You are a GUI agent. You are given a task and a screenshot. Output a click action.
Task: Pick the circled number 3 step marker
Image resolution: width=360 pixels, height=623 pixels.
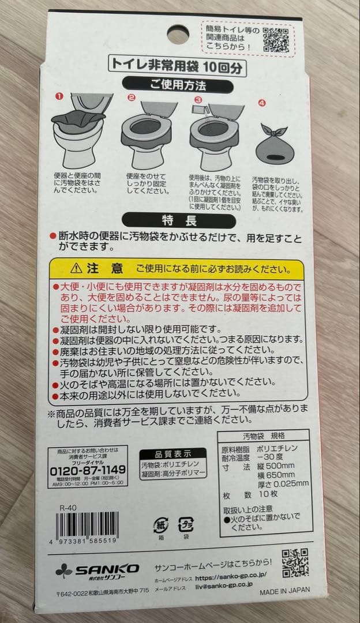click(198, 100)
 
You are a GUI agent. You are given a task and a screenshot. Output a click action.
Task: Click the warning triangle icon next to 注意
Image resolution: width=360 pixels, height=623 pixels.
click(76, 268)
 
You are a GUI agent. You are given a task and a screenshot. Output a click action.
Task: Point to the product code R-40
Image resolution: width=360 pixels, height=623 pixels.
click(67, 508)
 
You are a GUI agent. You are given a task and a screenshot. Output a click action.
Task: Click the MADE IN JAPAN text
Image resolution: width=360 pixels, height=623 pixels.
click(284, 590)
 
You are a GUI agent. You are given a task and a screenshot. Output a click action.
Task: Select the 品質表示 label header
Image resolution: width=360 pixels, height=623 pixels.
click(172, 453)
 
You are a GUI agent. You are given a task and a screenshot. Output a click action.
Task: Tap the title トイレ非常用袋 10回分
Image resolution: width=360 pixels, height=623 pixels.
click(178, 66)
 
